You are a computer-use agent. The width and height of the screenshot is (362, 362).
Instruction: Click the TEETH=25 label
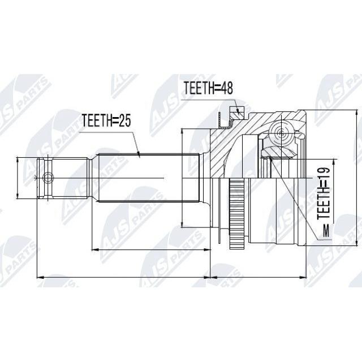tap(106, 120)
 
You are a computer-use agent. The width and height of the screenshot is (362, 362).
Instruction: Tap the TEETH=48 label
tap(208, 88)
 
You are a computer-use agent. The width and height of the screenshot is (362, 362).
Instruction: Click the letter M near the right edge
tap(326, 231)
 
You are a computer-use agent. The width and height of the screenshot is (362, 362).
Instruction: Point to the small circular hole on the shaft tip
tap(48, 178)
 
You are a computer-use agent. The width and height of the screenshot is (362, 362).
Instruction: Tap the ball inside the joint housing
tap(281, 133)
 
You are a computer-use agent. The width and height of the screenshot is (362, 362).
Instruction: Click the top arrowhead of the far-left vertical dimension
tap(18, 160)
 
